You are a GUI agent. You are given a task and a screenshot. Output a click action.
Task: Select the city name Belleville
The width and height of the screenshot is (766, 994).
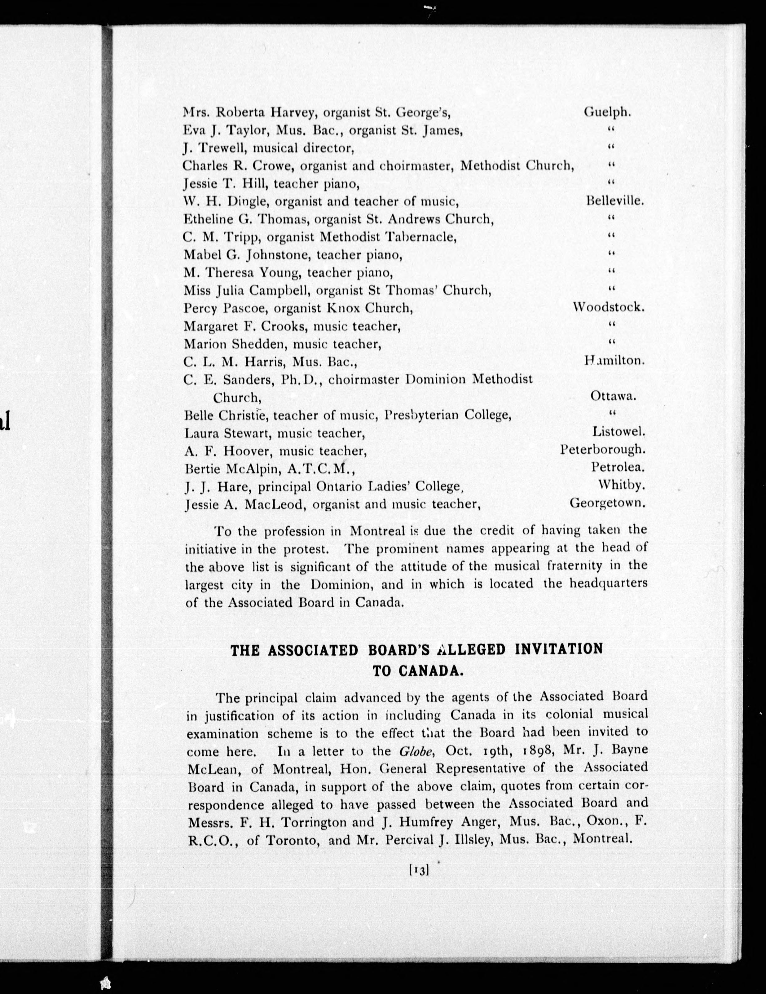tap(615, 201)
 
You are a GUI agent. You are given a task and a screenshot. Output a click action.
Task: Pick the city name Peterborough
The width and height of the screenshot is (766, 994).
tap(603, 450)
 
